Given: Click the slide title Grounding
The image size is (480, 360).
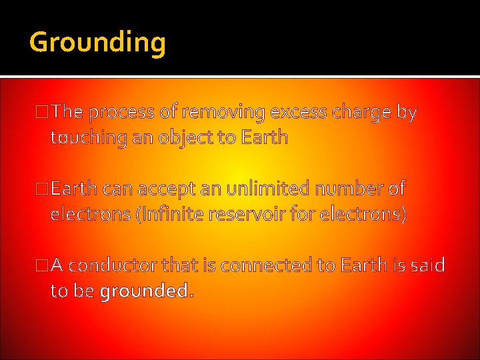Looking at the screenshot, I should point(97,43).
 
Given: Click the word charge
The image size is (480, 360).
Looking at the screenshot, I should point(361,113).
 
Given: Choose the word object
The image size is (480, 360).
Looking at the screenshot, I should point(187,138).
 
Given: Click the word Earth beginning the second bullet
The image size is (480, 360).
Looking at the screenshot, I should point(74,189).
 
